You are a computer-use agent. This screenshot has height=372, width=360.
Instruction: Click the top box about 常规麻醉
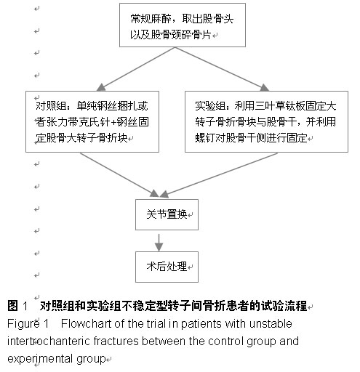(183, 25)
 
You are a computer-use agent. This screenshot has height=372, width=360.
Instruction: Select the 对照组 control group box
(92, 121)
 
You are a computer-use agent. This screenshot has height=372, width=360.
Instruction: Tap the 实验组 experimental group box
(266, 121)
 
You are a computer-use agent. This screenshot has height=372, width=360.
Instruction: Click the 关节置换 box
(167, 214)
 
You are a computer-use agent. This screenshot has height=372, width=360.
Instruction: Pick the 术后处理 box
(167, 267)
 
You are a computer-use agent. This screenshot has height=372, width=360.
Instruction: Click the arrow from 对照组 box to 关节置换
(119, 174)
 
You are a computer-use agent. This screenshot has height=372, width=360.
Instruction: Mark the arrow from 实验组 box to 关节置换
(219, 175)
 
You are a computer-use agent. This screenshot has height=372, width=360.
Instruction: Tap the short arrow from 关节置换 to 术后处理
(159, 243)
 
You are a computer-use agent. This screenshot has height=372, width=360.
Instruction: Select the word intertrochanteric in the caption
(49, 341)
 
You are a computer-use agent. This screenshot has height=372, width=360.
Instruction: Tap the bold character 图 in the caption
(12, 306)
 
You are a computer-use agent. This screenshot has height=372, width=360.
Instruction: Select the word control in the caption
(225, 341)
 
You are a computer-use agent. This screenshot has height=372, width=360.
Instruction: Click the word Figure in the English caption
(23, 324)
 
